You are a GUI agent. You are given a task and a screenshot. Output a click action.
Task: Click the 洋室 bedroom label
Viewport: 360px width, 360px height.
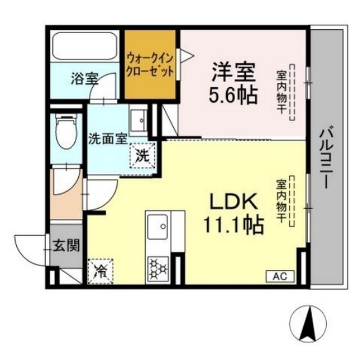point(233,71)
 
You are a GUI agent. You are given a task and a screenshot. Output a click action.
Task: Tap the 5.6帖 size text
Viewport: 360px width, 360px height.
point(233,94)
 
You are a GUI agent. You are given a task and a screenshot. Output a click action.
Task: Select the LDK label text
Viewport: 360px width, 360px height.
point(233,201)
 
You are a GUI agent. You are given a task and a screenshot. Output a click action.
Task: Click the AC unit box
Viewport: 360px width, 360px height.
point(280,276)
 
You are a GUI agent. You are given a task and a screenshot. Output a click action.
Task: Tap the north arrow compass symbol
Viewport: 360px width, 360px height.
point(308,324)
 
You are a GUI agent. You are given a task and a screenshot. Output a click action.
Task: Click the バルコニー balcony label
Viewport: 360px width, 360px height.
point(327,157)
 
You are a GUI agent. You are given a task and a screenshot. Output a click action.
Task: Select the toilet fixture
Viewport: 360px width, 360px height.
point(66,131)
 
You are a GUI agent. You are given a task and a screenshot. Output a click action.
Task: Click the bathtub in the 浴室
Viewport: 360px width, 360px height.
point(85,46)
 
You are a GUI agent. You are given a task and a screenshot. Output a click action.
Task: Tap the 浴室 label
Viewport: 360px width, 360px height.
point(85,79)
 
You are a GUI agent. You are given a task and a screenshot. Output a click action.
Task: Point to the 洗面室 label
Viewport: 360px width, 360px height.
point(107,139)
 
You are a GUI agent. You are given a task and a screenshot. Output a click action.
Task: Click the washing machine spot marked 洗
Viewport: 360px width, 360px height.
point(143,156)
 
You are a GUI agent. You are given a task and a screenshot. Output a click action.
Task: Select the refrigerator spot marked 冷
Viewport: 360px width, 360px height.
point(101,271)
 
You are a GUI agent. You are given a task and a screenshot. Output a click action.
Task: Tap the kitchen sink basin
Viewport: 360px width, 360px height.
point(157,227)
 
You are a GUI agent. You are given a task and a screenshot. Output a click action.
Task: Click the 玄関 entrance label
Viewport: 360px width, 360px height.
point(66,245)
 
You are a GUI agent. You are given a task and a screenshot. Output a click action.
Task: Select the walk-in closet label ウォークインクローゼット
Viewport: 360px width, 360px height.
point(150,65)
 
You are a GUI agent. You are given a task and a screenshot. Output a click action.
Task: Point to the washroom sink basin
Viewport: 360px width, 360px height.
point(138,119)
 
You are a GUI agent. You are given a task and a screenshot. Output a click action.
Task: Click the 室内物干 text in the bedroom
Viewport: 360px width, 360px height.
point(281,92)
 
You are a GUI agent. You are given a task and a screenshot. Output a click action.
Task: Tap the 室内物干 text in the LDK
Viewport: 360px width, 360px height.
point(281,200)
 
